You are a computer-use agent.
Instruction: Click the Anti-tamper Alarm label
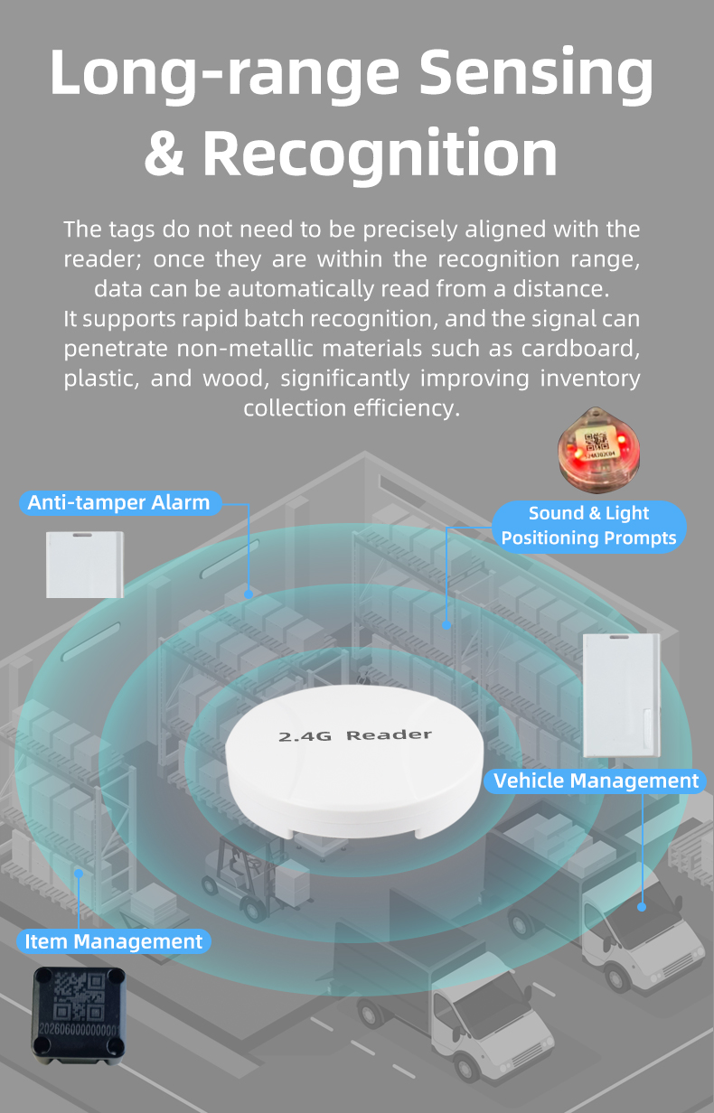pos(120,502)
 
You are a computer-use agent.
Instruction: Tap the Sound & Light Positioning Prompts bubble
pos(588,526)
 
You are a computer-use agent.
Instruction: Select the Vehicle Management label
pos(596,781)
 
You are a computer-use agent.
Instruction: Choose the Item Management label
pos(113,941)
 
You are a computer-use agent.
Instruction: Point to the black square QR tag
pos(79,1015)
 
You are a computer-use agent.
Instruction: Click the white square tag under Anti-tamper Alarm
pos(85,565)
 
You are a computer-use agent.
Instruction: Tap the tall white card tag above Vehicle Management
pos(622,695)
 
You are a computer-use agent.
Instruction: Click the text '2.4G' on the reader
pos(305,736)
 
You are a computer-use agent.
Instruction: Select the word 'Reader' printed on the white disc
pos(389,734)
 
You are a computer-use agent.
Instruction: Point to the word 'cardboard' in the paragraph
pos(579,349)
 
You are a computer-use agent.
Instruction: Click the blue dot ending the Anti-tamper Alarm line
pos(249,594)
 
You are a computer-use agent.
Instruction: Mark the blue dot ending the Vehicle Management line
pos(642,907)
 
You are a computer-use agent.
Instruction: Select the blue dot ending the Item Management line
pos(79,873)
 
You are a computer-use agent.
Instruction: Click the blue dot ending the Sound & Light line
pos(446,625)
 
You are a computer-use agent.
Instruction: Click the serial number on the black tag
pos(79,1028)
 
